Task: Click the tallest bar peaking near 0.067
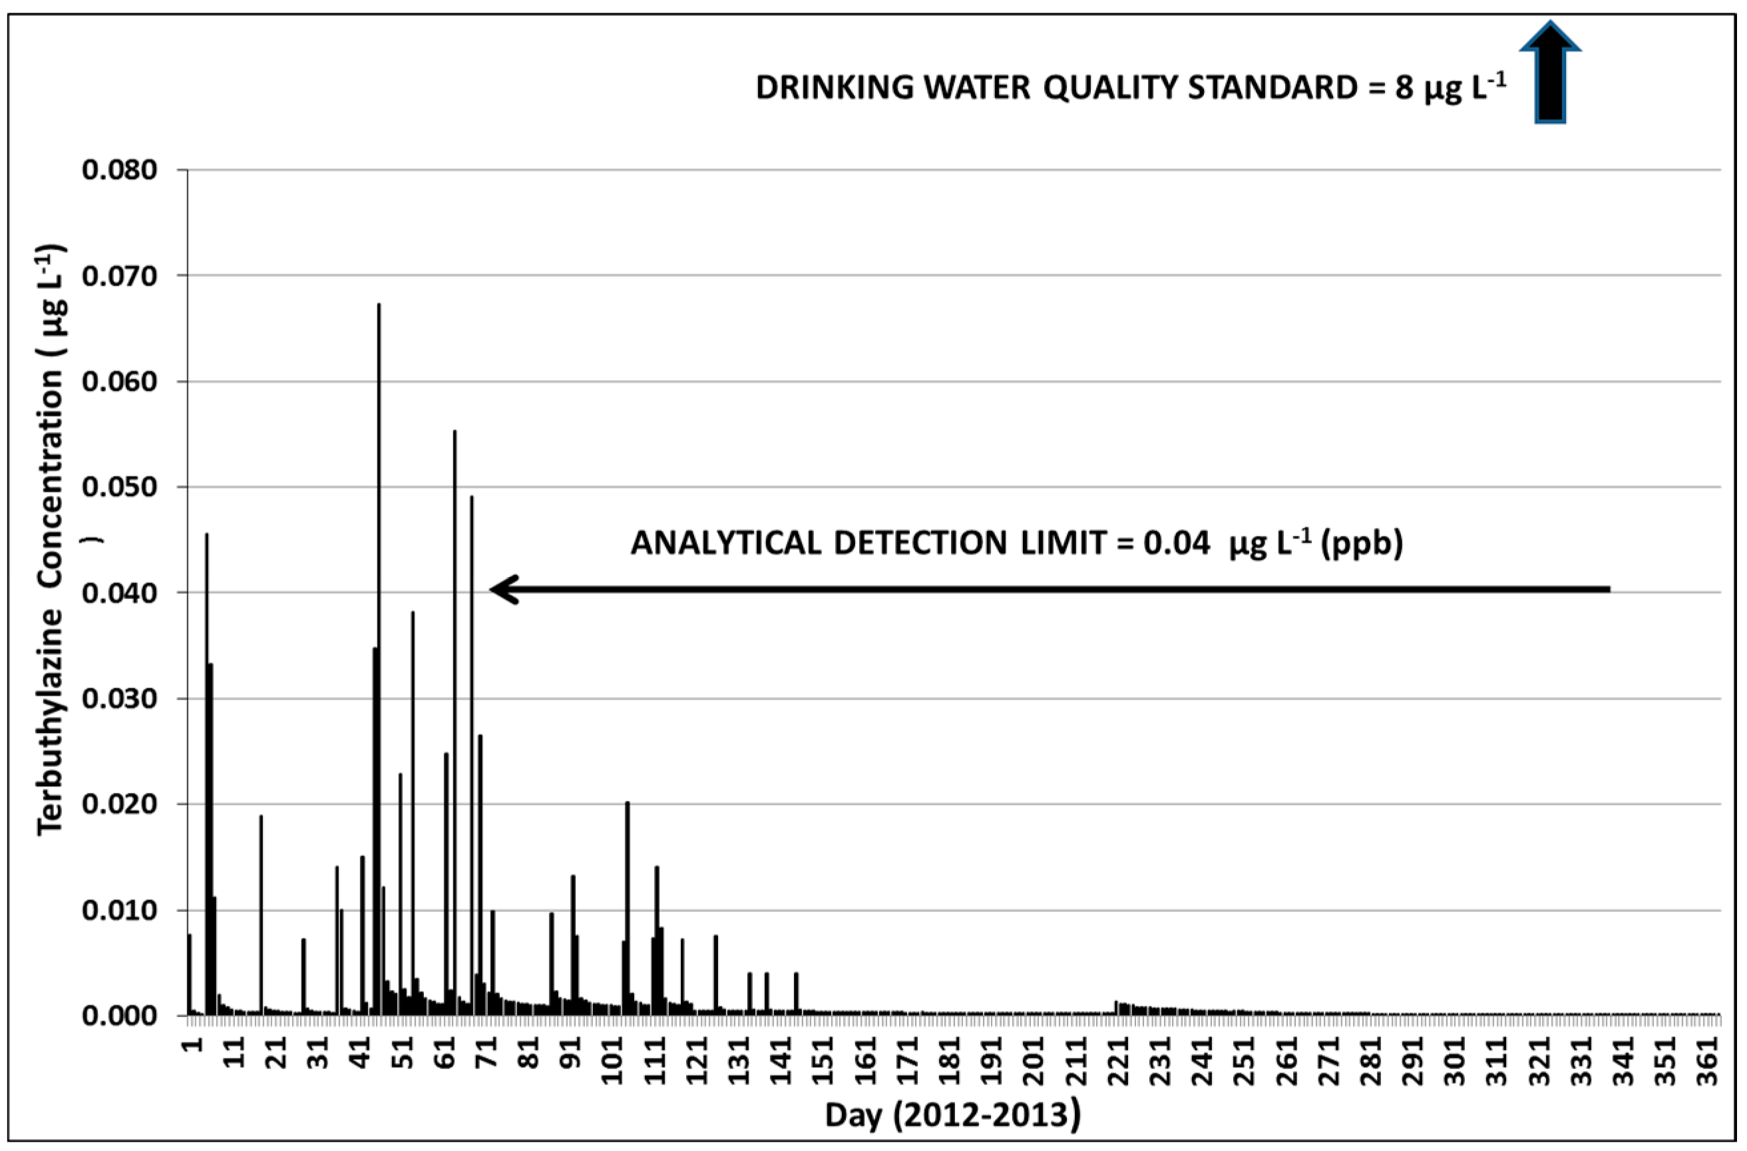pyautogui.click(x=379, y=660)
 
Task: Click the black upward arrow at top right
pyautogui.click(x=1549, y=83)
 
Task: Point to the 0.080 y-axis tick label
pyautogui.click(x=120, y=170)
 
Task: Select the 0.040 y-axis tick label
pyautogui.click(x=120, y=592)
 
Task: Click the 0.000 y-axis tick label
pyautogui.click(x=120, y=1016)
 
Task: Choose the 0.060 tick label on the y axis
pyautogui.click(x=120, y=381)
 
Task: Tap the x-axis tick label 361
pyautogui.click(x=1710, y=1060)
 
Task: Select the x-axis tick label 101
pyautogui.click(x=612, y=1060)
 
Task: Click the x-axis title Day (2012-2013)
pyautogui.click(x=953, y=1115)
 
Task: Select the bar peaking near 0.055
pyautogui.click(x=455, y=720)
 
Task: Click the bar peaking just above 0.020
pyautogui.click(x=627, y=910)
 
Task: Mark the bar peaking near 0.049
pyautogui.click(x=472, y=756)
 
